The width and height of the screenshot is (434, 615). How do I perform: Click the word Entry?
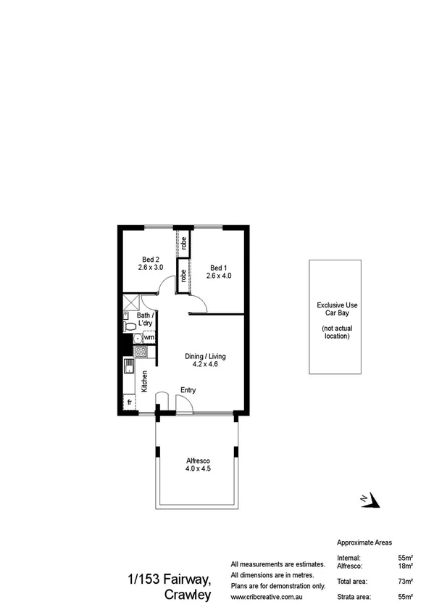[x=188, y=391]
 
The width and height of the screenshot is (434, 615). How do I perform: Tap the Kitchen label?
[x=145, y=381]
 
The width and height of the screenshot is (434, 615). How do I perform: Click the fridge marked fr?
[x=130, y=402]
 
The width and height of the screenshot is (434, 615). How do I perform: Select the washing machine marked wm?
[x=149, y=337]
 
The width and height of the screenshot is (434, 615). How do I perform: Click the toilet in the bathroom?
[x=130, y=328]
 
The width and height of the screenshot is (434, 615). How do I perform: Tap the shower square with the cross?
[x=132, y=302]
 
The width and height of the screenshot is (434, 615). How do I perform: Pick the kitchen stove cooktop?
[x=141, y=352]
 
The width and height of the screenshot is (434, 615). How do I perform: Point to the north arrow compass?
[x=370, y=499]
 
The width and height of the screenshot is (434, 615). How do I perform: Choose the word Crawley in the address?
[x=188, y=595]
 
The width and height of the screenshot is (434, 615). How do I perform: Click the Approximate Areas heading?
[x=365, y=542]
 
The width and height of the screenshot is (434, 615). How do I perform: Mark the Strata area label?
[x=355, y=597]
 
